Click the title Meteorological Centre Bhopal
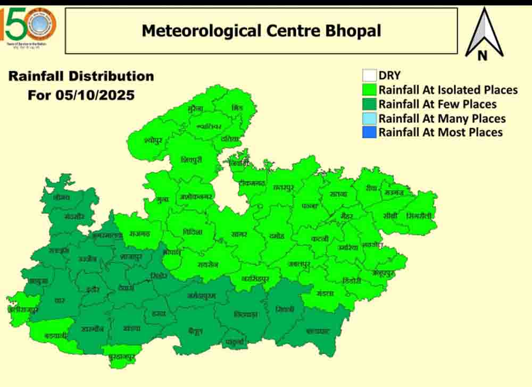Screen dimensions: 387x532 tap(261, 30)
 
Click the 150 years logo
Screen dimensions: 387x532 tap(30, 27)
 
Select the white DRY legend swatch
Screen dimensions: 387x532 tap(369, 75)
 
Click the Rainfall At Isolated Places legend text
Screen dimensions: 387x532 tap(448, 90)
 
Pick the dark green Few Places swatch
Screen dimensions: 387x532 tap(369, 104)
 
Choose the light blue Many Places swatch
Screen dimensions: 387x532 tap(369, 118)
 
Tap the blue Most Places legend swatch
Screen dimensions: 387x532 tap(369, 132)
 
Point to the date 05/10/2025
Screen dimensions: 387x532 tap(81, 96)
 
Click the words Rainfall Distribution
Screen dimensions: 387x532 tap(81, 76)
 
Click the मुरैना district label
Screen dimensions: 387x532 tap(195, 108)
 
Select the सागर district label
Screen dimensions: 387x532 tap(239, 234)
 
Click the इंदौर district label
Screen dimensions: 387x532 tap(92, 289)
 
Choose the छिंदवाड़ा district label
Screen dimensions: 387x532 tap(246, 314)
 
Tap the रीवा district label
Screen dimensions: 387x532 tap(371, 188)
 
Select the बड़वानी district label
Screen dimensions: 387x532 tap(55, 335)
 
